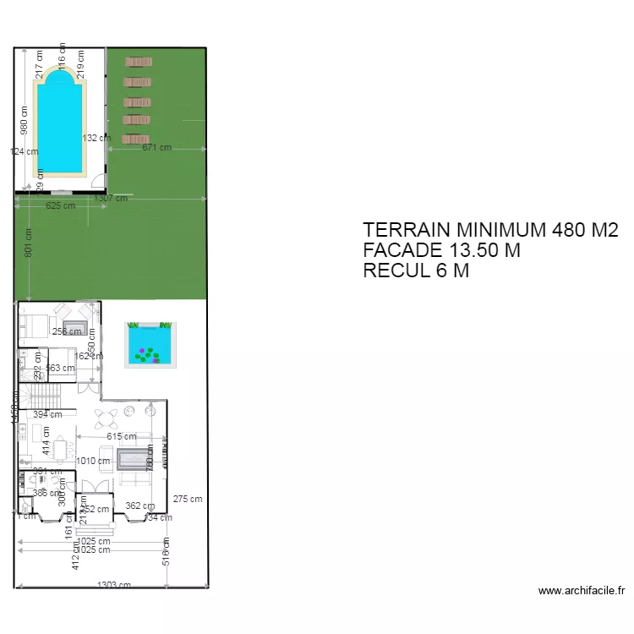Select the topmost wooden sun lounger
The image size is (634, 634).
tap(138, 62)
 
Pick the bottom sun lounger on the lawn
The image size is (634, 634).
tap(135, 139)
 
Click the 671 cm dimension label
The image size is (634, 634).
tap(156, 147)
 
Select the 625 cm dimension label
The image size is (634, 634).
tap(60, 205)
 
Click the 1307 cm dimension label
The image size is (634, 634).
tap(112, 199)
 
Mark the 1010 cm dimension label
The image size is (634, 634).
tap(93, 462)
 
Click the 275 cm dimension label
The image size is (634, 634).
tap(188, 499)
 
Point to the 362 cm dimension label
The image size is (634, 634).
tap(139, 506)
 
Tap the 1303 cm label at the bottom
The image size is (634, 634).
tap(113, 585)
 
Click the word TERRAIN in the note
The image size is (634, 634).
tap(407, 230)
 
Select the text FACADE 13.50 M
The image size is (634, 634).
tap(440, 250)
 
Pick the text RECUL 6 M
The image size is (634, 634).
tap(415, 271)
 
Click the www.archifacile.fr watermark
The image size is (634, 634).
tap(581, 591)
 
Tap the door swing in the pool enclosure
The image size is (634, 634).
tap(98, 181)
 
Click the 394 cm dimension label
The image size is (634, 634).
tap(47, 414)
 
